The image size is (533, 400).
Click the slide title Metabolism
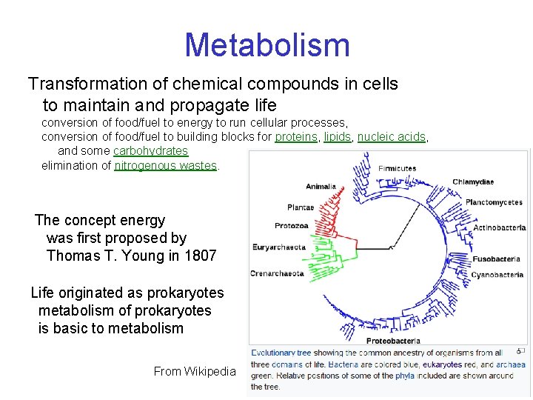coord(266,45)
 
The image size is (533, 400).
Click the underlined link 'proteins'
coord(296,137)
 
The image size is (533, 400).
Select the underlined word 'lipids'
coord(337,137)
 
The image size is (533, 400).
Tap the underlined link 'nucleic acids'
coord(392,137)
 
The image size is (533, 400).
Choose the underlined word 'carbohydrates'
coord(150,151)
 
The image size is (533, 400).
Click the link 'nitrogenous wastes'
coord(166,165)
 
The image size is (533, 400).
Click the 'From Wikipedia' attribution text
coord(194,371)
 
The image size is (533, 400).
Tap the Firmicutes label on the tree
coord(397,169)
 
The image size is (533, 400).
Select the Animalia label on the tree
coord(321,187)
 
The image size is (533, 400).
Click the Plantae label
coord(301,207)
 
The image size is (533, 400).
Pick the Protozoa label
coord(291,226)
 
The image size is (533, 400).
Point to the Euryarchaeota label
coord(278,247)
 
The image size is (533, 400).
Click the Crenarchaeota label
coord(277,273)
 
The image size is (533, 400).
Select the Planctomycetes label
coord(494,202)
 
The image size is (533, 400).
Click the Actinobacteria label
coord(499,227)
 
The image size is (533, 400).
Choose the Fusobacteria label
coord(496,259)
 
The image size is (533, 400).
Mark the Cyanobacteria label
coord(497,275)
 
